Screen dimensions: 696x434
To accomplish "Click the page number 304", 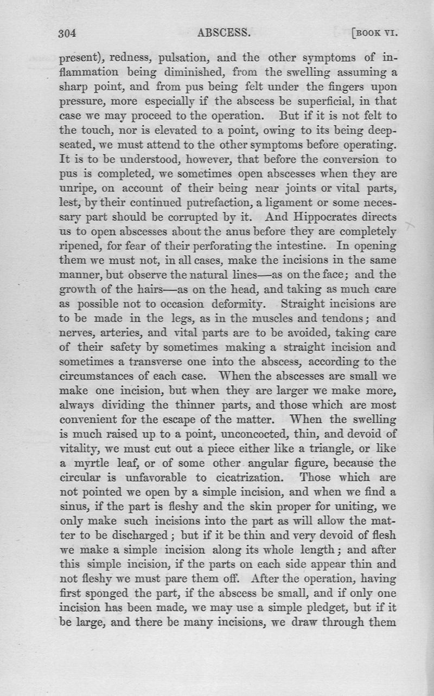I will tap(69, 33).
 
